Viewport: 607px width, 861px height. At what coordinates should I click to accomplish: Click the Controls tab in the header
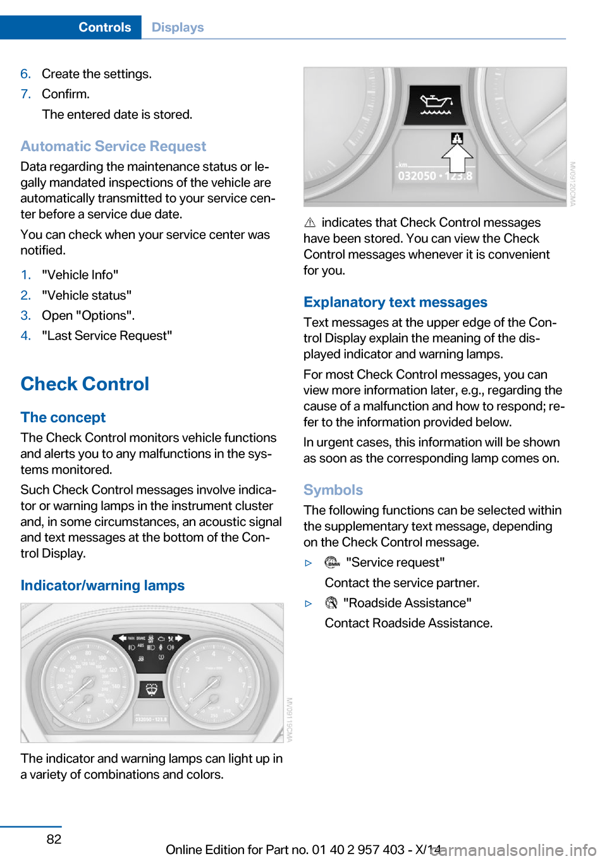point(104,27)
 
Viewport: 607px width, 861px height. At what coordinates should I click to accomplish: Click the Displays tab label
point(178,27)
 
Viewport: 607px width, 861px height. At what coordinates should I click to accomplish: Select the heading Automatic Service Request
point(113,146)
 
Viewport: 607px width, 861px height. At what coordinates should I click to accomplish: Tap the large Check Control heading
point(85,384)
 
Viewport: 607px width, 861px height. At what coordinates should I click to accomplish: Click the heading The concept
point(63,417)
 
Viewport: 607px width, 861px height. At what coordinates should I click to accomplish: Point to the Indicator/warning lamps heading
point(102,585)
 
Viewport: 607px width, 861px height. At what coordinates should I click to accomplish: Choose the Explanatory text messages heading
point(395,302)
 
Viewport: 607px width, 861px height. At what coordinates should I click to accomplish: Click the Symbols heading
point(333,490)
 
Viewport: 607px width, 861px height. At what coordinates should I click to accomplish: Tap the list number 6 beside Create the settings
point(25,74)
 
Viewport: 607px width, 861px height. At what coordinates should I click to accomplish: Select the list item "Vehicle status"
point(87,295)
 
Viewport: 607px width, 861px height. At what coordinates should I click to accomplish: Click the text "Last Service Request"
point(107,336)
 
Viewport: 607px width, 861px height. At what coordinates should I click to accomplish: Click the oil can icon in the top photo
point(436,104)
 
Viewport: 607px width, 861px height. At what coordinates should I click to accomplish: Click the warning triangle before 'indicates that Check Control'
point(310,223)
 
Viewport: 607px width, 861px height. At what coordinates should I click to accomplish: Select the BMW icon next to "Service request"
point(332,563)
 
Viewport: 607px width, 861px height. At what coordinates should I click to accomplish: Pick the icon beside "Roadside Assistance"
point(331,603)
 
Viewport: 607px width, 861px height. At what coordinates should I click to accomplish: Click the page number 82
point(54,839)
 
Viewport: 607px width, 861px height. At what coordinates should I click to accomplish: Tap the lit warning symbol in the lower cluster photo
point(151,688)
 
